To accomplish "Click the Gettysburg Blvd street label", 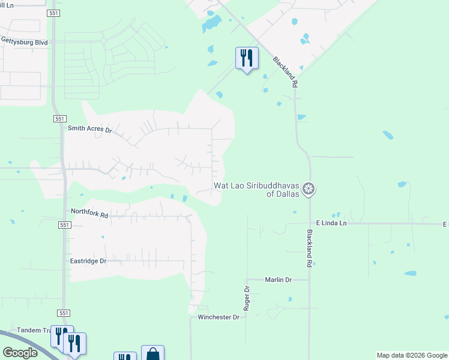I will (24, 42).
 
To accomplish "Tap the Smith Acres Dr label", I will (90, 129).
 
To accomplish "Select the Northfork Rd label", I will (89, 212).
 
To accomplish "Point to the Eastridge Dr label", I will (88, 261).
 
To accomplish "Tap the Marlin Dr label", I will (279, 280).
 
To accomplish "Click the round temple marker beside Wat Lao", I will (309, 190).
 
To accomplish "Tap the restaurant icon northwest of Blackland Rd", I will (247, 58).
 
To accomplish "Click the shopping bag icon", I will (152, 354).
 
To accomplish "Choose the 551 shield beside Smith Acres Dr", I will (59, 119).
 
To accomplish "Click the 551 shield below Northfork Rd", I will (65, 225).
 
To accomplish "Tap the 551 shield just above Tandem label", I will (65, 313).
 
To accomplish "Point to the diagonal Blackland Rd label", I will (285, 73).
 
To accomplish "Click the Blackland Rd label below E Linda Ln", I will (310, 248).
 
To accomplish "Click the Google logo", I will (20, 353).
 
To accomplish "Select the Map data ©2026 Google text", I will (411, 355).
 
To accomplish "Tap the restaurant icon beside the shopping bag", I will (125, 356).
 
